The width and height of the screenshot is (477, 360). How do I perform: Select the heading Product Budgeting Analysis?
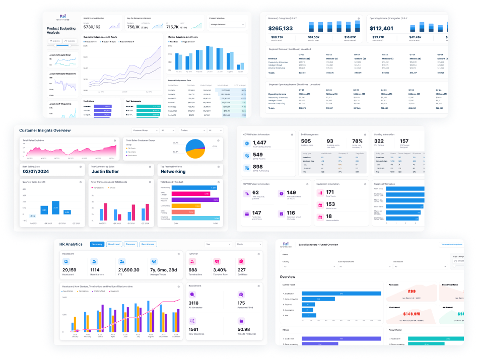61,30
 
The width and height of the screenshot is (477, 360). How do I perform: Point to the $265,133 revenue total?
281,28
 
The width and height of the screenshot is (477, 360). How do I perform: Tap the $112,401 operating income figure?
381,28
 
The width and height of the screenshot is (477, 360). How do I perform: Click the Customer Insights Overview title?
45,130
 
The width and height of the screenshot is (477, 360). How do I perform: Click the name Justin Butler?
106,172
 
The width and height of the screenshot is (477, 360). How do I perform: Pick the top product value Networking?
173,172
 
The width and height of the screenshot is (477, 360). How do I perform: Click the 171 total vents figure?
330,192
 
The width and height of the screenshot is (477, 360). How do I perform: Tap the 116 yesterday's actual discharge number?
291,213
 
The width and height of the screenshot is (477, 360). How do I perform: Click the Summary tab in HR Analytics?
97,244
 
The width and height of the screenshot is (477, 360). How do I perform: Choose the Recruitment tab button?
148,244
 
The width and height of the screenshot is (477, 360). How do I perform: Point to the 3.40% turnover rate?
220,270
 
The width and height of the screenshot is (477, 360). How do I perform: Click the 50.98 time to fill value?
243,329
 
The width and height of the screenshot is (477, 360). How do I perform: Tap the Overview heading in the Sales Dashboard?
288,277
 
